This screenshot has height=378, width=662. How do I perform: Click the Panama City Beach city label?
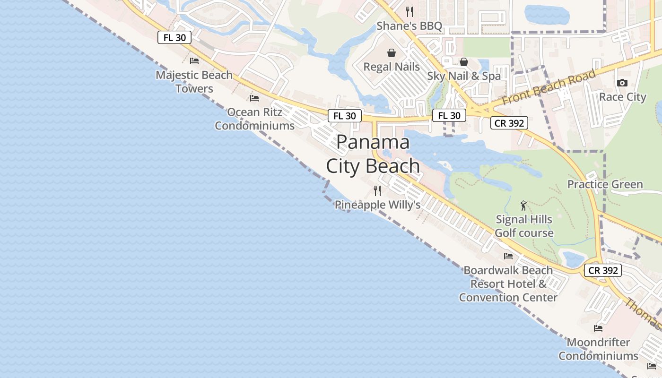[373, 154]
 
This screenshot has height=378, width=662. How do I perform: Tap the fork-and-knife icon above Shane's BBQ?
[409, 11]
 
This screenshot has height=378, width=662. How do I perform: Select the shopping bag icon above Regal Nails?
[392, 53]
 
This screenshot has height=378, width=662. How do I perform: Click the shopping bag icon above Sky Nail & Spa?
[464, 62]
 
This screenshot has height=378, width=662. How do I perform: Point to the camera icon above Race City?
[622, 83]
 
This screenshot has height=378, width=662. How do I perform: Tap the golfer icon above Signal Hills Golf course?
[523, 206]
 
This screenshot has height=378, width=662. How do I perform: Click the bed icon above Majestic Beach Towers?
[194, 61]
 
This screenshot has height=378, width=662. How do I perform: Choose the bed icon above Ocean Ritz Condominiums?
[254, 98]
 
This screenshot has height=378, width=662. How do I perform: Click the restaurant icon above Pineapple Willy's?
[377, 191]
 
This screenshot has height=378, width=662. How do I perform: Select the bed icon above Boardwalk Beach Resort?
[508, 256]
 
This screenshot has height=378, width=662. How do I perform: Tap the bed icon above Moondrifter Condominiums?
[598, 328]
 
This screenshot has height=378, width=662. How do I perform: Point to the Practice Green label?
[605, 184]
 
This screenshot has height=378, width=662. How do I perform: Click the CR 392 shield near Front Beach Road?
[509, 123]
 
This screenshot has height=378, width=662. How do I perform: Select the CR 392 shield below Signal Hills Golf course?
[602, 270]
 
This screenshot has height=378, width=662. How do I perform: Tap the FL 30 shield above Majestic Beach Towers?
[174, 38]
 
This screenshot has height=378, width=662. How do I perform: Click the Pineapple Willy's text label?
[377, 205]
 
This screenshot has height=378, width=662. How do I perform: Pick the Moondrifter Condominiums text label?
[599, 349]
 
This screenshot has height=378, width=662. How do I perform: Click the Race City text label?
[622, 97]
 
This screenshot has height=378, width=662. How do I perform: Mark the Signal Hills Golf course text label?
[524, 226]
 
